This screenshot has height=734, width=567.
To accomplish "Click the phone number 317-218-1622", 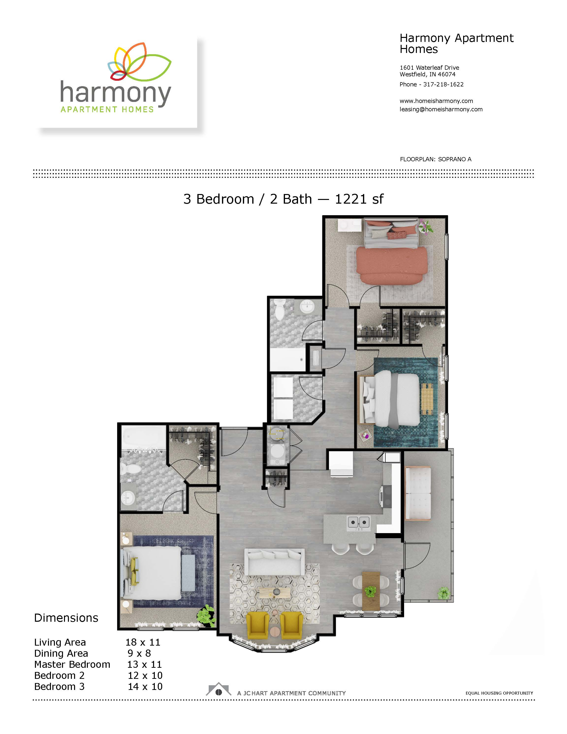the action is click(443, 84).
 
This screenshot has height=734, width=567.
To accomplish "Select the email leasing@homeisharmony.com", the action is click(441, 109).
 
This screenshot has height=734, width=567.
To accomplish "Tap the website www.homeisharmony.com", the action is click(436, 101).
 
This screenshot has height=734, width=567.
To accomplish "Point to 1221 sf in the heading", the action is click(359, 199).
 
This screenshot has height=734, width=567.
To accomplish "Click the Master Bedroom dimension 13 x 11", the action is click(144, 664).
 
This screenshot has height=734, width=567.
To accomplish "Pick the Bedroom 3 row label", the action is click(60, 687).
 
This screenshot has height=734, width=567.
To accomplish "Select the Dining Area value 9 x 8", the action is click(139, 653).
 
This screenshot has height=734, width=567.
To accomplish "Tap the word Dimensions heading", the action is click(66, 618).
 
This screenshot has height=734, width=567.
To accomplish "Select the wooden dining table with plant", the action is click(371, 591).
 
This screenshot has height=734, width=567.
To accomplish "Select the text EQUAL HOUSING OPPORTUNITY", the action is click(499, 693).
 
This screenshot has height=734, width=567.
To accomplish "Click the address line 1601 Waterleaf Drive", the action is click(429, 67).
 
